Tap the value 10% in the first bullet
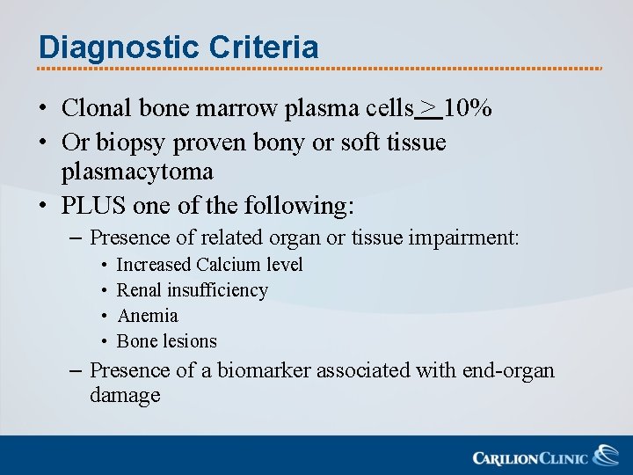(468, 108)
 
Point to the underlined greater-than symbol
(428, 108)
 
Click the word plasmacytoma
(137, 170)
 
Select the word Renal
(139, 290)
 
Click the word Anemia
(148, 316)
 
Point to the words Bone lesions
(167, 341)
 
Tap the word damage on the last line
(125, 395)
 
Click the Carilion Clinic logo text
(530, 457)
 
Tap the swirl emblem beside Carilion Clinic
(606, 456)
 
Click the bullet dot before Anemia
(105, 317)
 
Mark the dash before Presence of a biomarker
(77, 370)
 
